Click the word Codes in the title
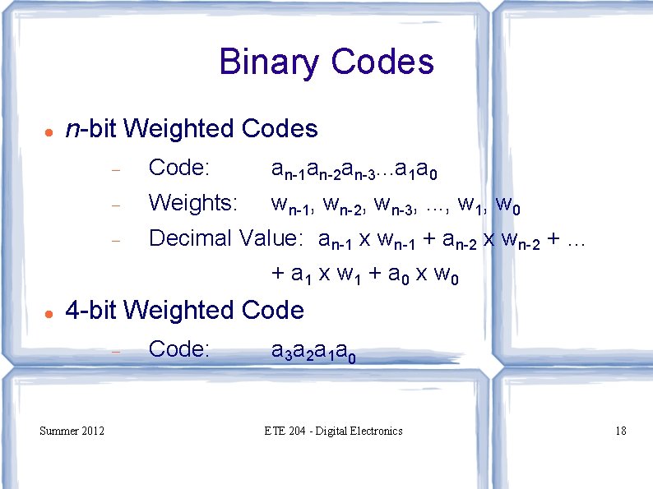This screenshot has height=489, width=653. pyautogui.click(x=382, y=62)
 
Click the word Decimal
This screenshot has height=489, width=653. pyautogui.click(x=190, y=238)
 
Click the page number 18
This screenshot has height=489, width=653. pyautogui.click(x=620, y=431)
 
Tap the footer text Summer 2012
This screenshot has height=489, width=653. pyautogui.click(x=72, y=431)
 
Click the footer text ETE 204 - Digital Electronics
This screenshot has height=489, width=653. pyautogui.click(x=334, y=431)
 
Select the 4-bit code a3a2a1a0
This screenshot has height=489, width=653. pyautogui.click(x=313, y=352)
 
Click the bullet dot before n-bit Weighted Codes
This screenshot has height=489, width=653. pyautogui.click(x=49, y=131)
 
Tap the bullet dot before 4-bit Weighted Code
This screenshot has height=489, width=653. pyautogui.click(x=49, y=313)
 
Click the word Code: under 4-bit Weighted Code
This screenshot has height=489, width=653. pyautogui.click(x=179, y=349)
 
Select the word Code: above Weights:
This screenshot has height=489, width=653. pyautogui.click(x=179, y=168)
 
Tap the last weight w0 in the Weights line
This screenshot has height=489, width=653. pyautogui.click(x=509, y=204)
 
